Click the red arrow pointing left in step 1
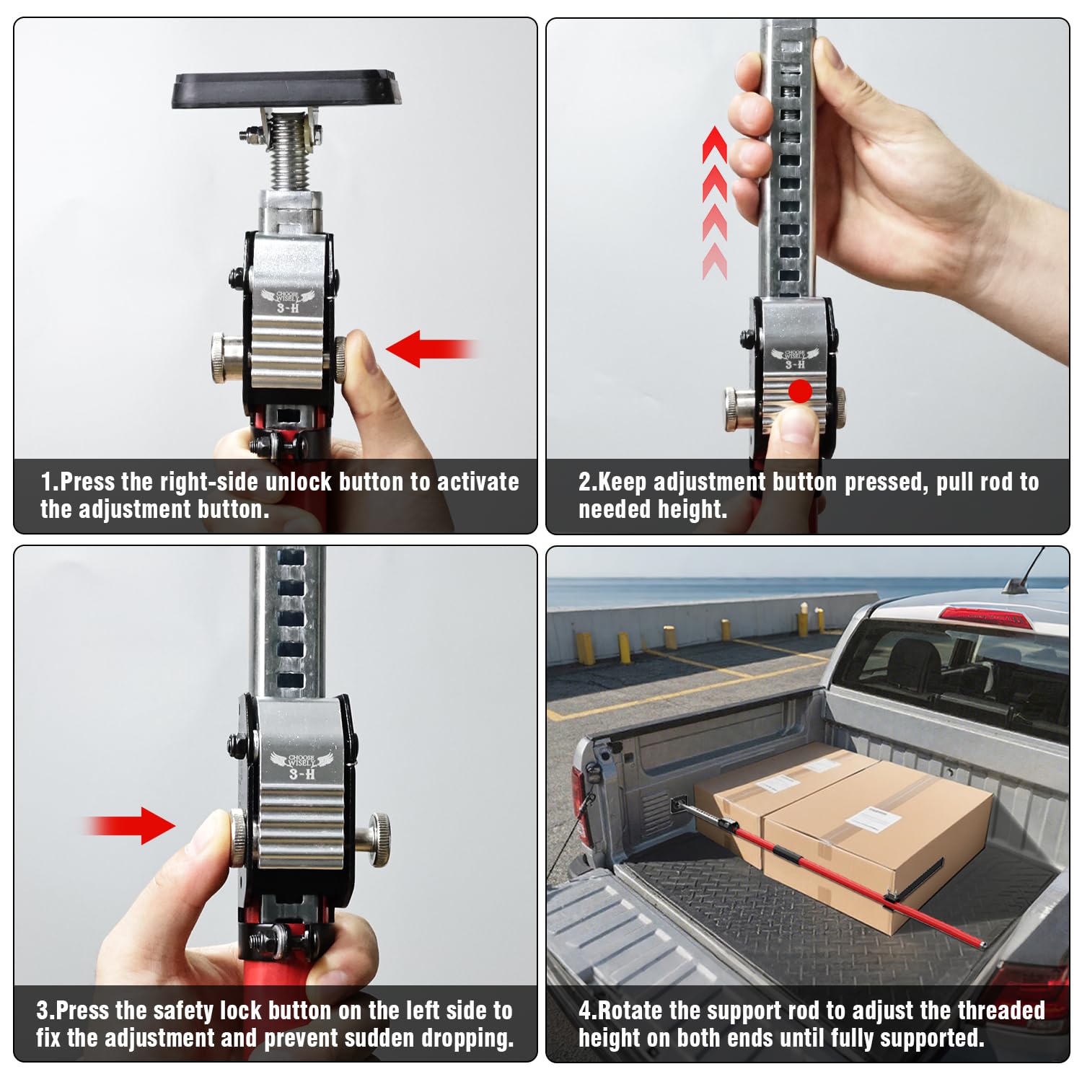point(432,349)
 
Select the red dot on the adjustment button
point(800,392)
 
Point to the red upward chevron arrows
point(714,203)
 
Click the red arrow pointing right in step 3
point(130,825)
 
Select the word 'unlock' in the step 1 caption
point(299,481)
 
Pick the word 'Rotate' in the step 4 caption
point(630,1011)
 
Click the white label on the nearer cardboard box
point(873,819)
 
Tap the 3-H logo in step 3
point(302,766)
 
